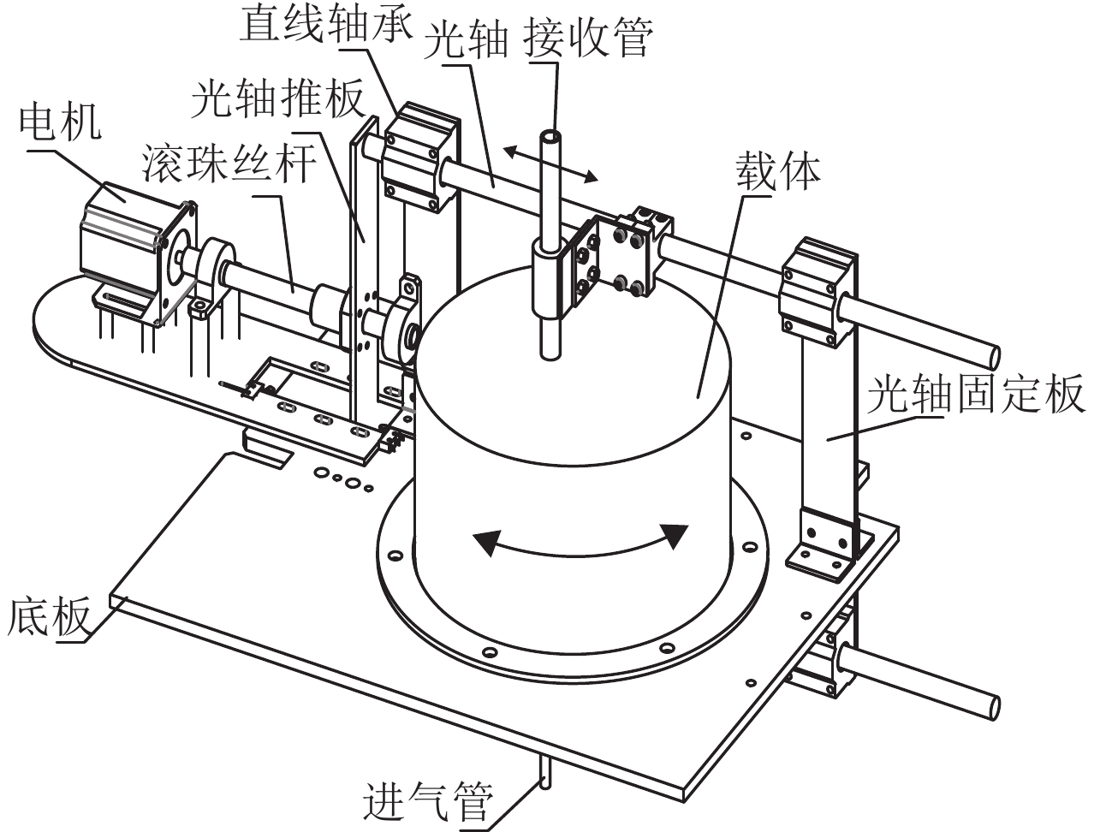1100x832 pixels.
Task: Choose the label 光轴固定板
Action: click(975, 395)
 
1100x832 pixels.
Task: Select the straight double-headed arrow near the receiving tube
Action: click(550, 163)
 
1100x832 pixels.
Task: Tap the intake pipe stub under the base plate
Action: click(544, 770)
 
